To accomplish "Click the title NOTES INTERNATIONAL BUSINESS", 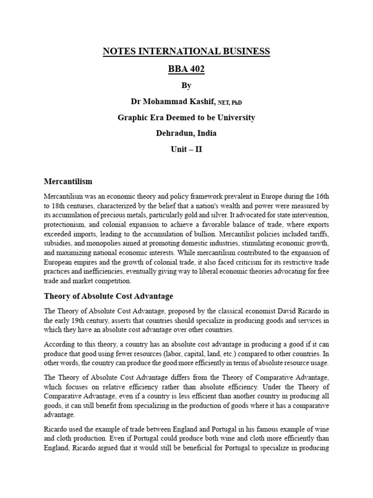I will pyautogui.click(x=186, y=52).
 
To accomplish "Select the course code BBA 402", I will pyautogui.click(x=186, y=69).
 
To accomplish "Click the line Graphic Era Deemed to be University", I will pyautogui.click(x=186, y=117).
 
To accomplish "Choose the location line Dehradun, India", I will pyautogui.click(x=186, y=133).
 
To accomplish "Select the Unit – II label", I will pyautogui.click(x=186, y=149).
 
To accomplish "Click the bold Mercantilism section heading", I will pyautogui.click(x=68, y=181).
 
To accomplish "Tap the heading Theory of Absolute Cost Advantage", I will pyautogui.click(x=109, y=296).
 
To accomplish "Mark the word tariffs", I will pyautogui.click(x=319, y=234).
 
